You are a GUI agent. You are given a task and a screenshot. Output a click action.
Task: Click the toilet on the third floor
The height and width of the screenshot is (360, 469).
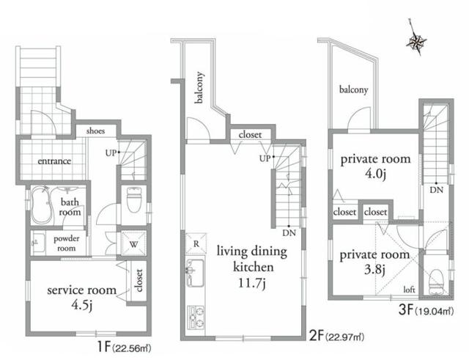436,276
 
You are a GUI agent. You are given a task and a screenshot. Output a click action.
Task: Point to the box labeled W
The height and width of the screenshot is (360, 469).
135,243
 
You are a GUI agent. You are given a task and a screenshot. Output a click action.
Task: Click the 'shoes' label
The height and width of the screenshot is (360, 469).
95,131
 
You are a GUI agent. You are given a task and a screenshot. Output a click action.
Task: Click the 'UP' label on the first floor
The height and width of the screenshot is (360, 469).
110,153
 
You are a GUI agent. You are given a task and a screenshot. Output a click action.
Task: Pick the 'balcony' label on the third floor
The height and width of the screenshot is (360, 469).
353,91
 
